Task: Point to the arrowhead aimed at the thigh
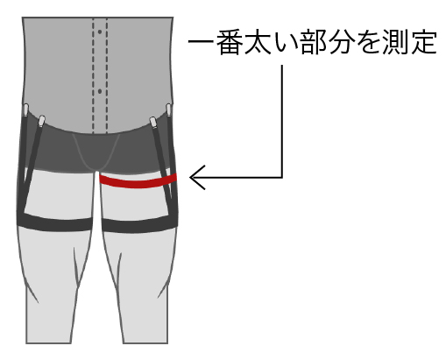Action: point(196,178)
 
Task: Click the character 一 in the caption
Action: point(201,42)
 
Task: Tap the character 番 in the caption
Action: point(229,42)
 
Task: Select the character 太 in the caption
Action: point(257,42)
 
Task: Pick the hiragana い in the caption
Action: point(284,43)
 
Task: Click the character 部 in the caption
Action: point(313,42)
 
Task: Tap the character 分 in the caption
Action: point(341,42)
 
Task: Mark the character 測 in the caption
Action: point(396,42)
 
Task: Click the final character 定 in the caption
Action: point(424,42)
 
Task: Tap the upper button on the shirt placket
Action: point(100,32)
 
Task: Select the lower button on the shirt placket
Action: point(100,91)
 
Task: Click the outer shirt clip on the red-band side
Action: point(168,109)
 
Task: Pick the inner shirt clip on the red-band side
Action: point(153,122)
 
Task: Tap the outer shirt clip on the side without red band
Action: point(26,109)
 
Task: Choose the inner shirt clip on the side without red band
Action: point(41,121)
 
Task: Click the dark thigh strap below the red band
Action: point(139,224)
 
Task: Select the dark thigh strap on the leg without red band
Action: point(54,222)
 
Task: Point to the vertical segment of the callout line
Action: point(282,121)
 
